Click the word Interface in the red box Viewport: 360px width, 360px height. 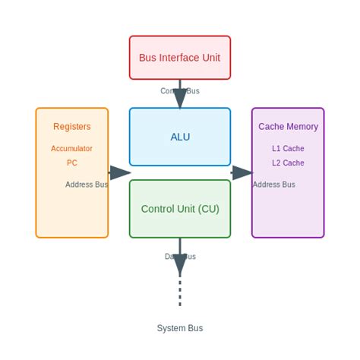181,58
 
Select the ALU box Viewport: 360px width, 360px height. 180,137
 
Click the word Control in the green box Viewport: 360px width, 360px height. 158,209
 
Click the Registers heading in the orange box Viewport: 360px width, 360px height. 72,127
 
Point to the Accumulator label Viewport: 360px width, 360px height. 72,149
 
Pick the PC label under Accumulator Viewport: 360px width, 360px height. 72,163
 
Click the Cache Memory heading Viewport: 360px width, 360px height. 288,127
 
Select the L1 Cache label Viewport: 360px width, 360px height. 288,149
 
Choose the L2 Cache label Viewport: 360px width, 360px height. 288,163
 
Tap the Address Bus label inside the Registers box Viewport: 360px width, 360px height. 87,185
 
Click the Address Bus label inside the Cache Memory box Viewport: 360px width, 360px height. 273,185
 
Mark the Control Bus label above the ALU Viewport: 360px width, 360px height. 180,91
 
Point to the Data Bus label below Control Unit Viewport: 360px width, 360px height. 180,257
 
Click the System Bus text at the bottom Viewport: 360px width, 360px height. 180,328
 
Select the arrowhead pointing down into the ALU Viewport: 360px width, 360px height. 180,99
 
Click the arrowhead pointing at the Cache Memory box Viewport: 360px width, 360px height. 242,172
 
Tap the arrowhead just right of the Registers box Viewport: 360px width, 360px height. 119,172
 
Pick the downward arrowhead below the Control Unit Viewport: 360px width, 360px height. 180,265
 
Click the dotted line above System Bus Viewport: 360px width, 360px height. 180,292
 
